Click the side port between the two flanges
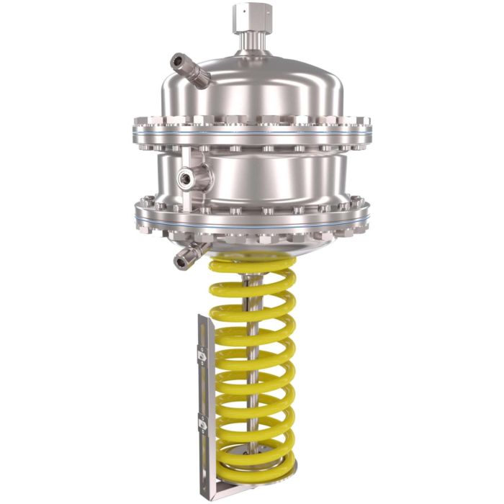click(194, 175)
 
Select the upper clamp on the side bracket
click(202, 355)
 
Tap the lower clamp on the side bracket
click(202, 426)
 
